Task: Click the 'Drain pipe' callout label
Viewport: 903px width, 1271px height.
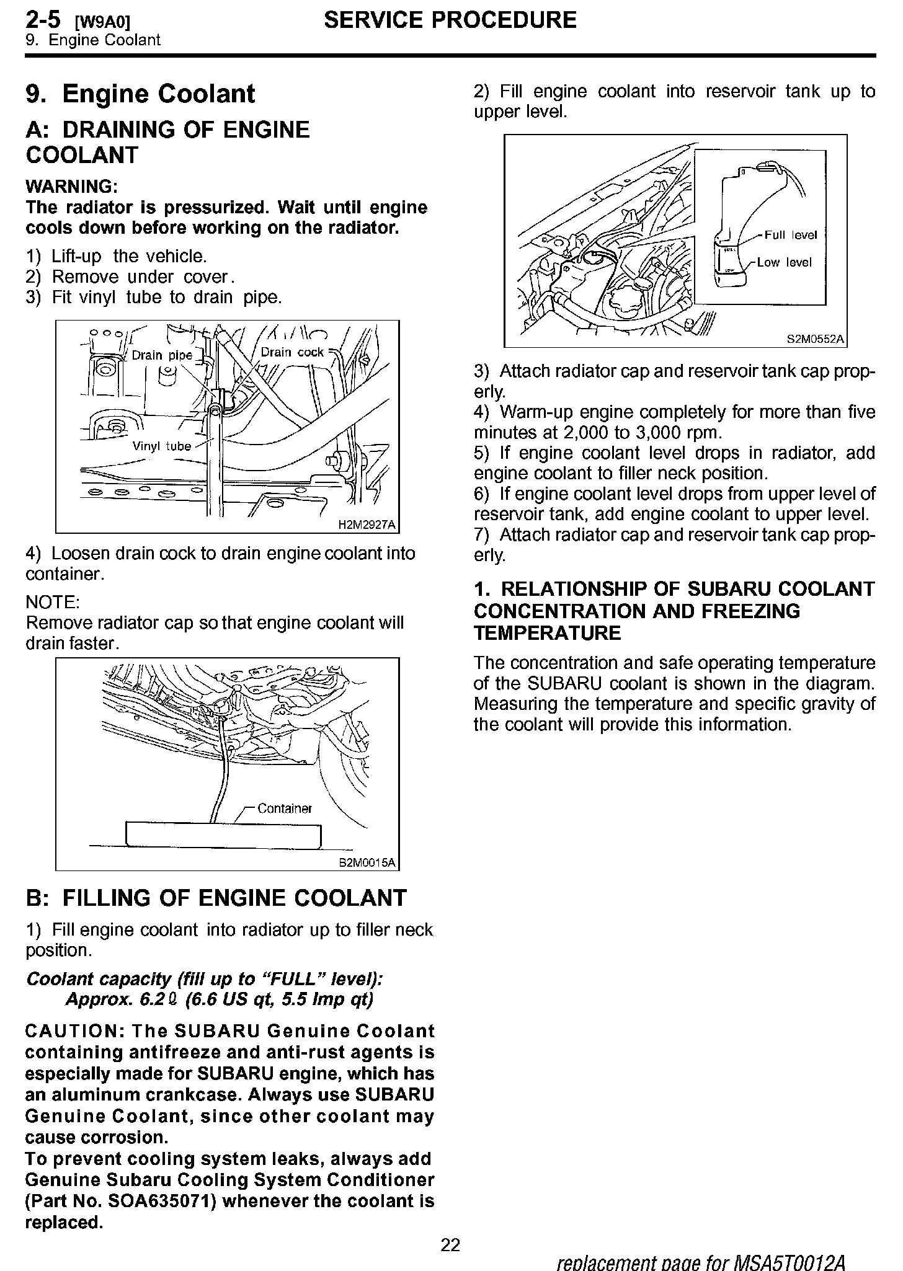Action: pyautogui.click(x=162, y=355)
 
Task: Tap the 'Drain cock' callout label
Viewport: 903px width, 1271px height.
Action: pyautogui.click(x=292, y=352)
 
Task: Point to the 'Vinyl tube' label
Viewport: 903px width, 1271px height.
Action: pyautogui.click(x=162, y=446)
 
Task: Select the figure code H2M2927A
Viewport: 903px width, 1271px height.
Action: pyautogui.click(x=367, y=525)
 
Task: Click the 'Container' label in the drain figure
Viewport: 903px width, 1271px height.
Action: pyautogui.click(x=285, y=808)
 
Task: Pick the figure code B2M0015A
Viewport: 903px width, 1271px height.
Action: pyautogui.click(x=367, y=862)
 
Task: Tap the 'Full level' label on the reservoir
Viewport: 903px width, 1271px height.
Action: pyautogui.click(x=791, y=235)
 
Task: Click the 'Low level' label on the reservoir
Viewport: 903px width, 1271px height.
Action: pyautogui.click(x=785, y=262)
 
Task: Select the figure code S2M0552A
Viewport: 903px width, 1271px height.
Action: pyautogui.click(x=816, y=339)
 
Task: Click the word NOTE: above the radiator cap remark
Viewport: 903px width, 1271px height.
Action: pyautogui.click(x=52, y=602)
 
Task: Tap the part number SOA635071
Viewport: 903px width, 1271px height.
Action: pyautogui.click(x=161, y=1201)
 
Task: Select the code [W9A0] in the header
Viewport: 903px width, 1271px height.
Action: pyautogui.click(x=103, y=22)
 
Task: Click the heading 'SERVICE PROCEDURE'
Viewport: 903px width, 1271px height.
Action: pyautogui.click(x=450, y=20)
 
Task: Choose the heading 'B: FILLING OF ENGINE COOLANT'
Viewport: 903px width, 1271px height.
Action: pyautogui.click(x=216, y=898)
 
